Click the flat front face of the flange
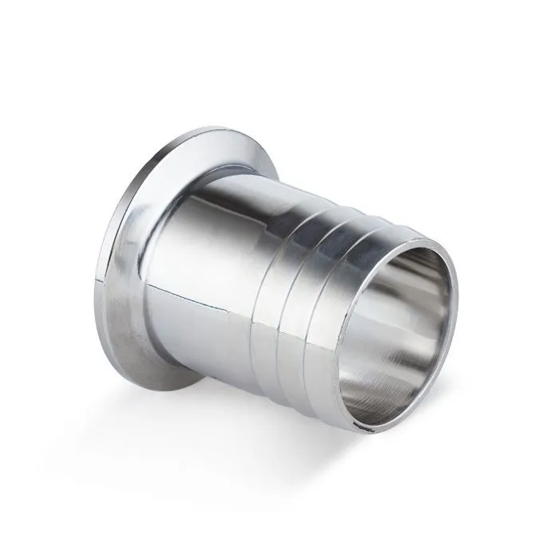pos(128,264)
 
